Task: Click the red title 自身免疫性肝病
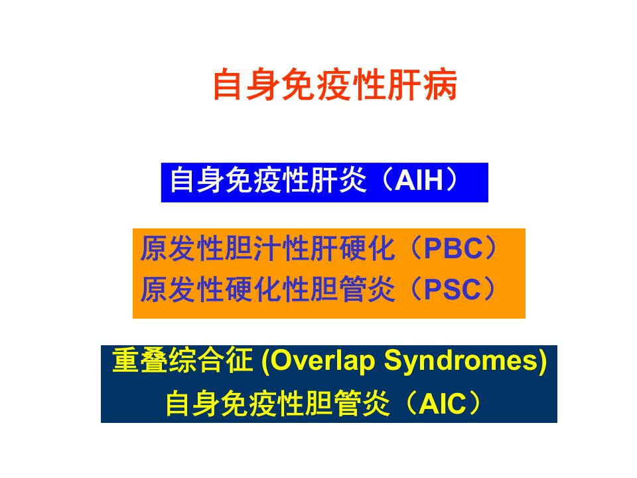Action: click(x=335, y=84)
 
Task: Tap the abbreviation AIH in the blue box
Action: click(x=419, y=180)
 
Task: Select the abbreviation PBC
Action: click(x=453, y=248)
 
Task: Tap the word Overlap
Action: click(x=323, y=362)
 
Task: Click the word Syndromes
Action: click(x=462, y=362)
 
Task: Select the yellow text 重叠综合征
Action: click(x=182, y=360)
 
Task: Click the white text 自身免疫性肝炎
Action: click(x=268, y=180)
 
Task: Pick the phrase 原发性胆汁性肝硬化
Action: click(x=267, y=248)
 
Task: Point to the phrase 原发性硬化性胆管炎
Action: click(x=267, y=289)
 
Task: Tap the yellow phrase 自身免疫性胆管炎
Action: click(x=277, y=403)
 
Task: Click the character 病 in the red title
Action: click(x=441, y=84)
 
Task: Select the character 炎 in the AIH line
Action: click(x=352, y=180)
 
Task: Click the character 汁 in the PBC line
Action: click(x=267, y=248)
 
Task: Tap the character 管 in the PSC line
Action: click(x=352, y=289)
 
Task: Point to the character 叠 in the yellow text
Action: click(x=155, y=360)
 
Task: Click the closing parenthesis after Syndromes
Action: click(x=543, y=362)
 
